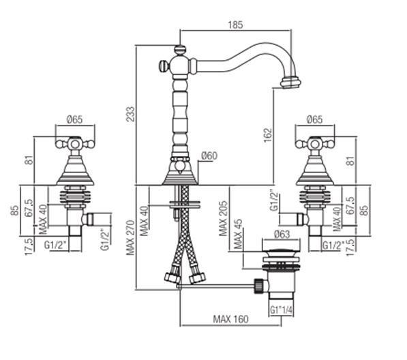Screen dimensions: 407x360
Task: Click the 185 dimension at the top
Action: click(x=235, y=25)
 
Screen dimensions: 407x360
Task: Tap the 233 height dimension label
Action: click(x=131, y=114)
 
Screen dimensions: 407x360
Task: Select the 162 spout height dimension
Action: click(x=268, y=135)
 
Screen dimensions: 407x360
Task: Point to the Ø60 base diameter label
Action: click(x=209, y=155)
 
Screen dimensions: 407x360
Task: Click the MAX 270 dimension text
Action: click(x=131, y=237)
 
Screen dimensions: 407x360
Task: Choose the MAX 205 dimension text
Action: click(x=223, y=218)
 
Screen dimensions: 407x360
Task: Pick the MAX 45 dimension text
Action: click(x=238, y=234)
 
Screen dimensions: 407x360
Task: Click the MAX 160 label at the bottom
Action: click(x=230, y=319)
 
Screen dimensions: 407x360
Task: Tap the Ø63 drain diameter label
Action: click(x=282, y=234)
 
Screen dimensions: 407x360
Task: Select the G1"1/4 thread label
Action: click(x=281, y=310)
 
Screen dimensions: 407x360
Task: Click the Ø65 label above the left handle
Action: click(x=74, y=119)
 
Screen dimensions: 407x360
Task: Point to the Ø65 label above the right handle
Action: click(x=314, y=119)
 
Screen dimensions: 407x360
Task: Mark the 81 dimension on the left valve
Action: click(x=29, y=160)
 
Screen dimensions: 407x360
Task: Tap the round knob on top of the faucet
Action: click(x=180, y=49)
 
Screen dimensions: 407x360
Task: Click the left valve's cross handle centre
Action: click(x=75, y=144)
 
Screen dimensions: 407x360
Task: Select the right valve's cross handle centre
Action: click(x=315, y=144)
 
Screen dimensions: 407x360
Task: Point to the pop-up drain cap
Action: click(x=282, y=253)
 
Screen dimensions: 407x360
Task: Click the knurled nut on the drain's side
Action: click(x=258, y=286)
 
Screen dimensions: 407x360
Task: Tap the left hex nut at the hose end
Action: click(x=172, y=278)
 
